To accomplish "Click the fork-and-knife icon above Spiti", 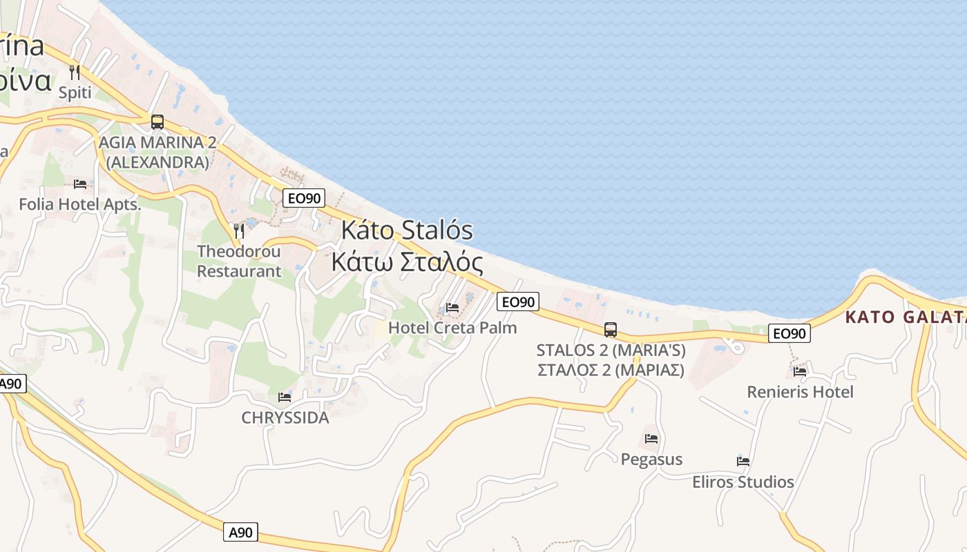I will [75, 72].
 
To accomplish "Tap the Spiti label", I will [75, 92].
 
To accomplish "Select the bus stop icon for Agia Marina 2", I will [157, 122].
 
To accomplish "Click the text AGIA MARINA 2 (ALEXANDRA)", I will [157, 152].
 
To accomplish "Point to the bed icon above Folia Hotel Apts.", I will [80, 184].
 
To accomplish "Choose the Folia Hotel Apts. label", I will [80, 204].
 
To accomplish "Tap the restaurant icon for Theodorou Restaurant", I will [239, 230].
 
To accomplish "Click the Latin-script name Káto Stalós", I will [407, 230].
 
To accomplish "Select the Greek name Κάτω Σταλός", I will [407, 262].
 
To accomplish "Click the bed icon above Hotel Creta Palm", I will [452, 307].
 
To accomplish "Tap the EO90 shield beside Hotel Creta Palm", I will [517, 302].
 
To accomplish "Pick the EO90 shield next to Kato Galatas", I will [789, 333].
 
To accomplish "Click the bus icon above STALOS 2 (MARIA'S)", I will [611, 330].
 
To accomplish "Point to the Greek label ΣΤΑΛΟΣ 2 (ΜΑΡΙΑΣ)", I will [611, 370].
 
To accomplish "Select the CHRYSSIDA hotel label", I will [285, 417].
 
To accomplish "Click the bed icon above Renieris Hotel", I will [800, 371].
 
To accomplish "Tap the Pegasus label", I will [651, 459].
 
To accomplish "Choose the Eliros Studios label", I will [743, 482].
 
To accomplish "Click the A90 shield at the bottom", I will [241, 532].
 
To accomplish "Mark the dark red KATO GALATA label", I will [905, 317].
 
